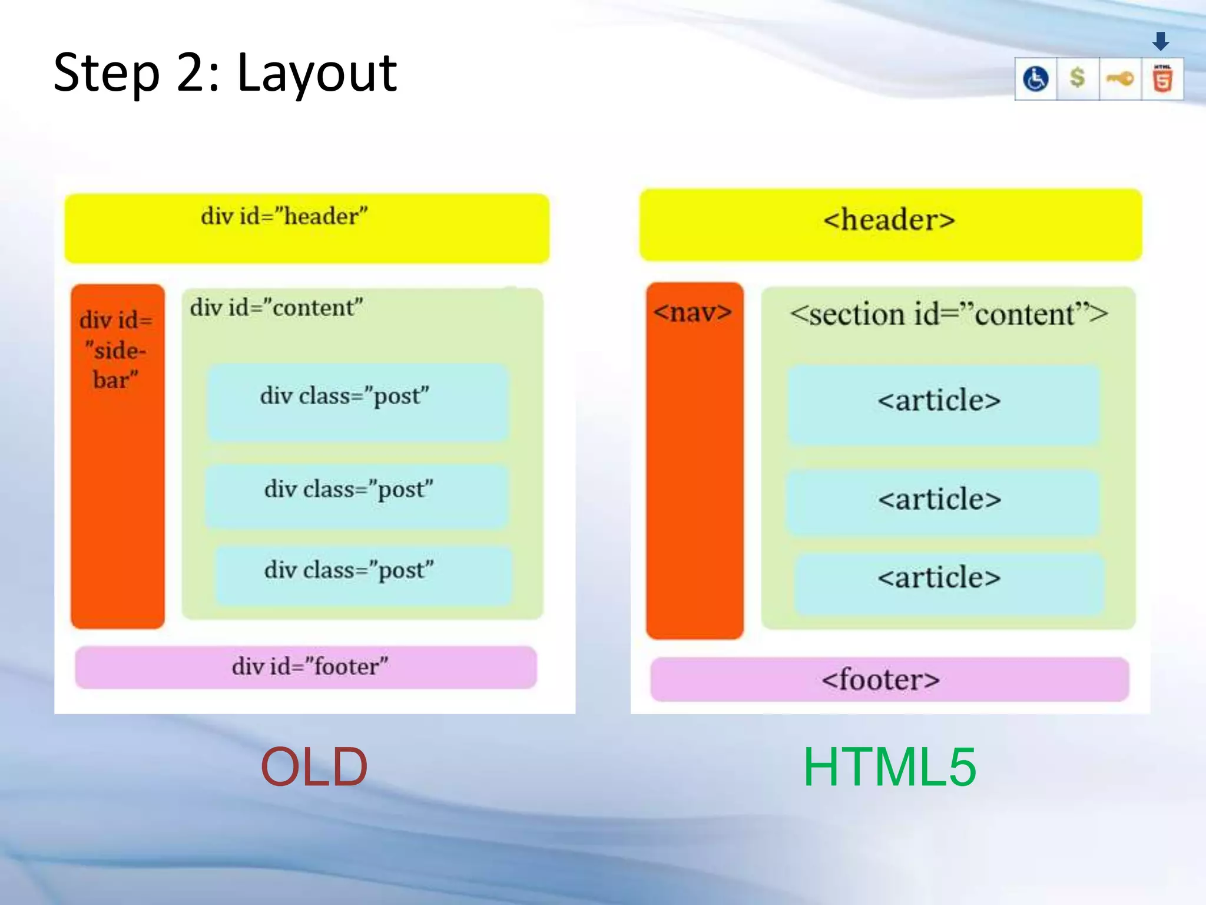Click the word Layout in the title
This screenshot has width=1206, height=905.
317,74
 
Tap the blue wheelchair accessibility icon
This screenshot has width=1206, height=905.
1035,78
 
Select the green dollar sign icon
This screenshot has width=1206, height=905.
1077,78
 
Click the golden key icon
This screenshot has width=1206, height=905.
1119,78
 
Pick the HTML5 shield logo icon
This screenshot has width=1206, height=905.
1162,78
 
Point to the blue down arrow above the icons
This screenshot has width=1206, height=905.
1161,41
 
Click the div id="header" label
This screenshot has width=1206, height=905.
284,216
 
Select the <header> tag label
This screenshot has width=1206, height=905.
889,220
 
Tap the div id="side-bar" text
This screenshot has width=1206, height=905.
116,350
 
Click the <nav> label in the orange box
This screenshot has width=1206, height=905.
693,312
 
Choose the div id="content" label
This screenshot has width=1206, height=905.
276,308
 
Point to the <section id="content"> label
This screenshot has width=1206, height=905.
948,314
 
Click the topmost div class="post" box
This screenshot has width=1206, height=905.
357,402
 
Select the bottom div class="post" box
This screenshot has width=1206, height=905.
363,574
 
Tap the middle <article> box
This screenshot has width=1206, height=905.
942,501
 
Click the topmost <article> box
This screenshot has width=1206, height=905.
942,404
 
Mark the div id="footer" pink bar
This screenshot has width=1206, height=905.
306,667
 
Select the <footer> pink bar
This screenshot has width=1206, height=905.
889,679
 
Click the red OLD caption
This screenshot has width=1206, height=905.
314,767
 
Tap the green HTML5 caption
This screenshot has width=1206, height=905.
889,767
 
